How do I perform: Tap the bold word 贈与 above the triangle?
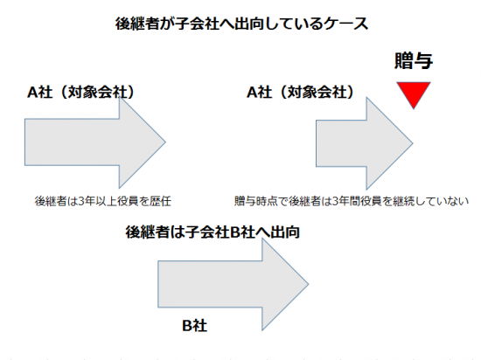414,60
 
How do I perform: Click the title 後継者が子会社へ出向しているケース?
241,24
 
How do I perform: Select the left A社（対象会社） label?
81,92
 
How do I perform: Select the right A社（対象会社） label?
301,92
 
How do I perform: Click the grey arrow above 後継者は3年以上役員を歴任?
95,142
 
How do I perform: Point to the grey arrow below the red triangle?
365,143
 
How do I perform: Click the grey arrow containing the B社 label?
234,284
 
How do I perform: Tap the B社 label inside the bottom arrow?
194,325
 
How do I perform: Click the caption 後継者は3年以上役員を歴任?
103,201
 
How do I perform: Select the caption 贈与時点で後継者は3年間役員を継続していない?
352,201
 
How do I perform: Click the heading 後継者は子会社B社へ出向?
213,232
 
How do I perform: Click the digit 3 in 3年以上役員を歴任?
81,201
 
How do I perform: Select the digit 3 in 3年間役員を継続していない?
336,201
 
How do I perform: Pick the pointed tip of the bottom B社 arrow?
309,284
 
